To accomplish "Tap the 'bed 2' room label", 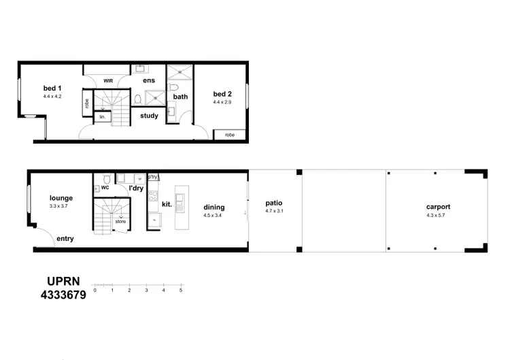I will [222, 94].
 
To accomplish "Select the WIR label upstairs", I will [107, 80].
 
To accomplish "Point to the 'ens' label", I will [149, 80].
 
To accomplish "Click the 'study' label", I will [149, 116].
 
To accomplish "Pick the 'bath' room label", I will [180, 97].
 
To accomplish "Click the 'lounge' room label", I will [61, 198].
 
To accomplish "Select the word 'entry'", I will [65, 239].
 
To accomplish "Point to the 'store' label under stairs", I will [120, 221].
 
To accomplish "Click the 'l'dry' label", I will [136, 188].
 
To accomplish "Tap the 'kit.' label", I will [166, 203].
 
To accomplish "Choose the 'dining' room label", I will [214, 208].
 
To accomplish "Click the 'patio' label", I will [274, 203].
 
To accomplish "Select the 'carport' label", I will [438, 207].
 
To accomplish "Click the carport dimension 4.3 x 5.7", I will [438, 216].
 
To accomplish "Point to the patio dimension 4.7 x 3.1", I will [274, 212].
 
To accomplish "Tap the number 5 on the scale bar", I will [181, 290].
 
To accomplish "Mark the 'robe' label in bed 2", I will [230, 135].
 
